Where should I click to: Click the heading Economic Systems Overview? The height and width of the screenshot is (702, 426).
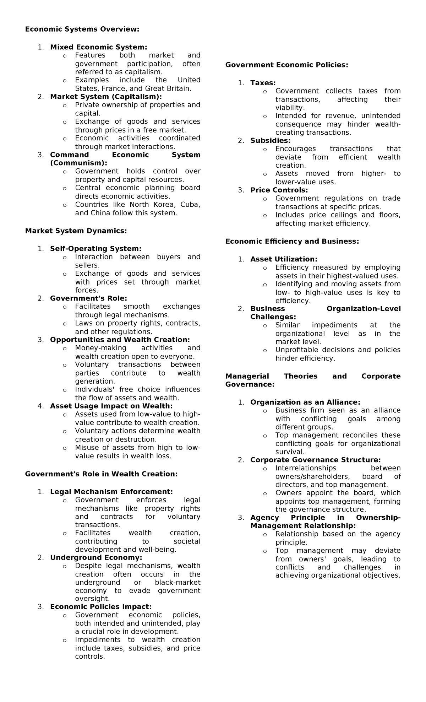82,29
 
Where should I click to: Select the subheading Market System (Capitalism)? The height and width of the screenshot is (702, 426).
106,97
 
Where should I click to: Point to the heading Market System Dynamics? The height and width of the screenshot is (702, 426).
76,231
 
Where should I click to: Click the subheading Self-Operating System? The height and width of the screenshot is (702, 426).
95,249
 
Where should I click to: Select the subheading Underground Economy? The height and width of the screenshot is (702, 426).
96,557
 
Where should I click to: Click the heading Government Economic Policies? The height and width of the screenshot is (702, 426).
286,65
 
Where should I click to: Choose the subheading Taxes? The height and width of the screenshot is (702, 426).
263,83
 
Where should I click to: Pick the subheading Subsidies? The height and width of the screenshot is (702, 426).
270,141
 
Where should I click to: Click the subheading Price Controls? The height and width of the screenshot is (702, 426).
279,190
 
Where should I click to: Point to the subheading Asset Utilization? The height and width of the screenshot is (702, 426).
284,259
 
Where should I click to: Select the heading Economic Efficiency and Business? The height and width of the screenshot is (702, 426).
292,242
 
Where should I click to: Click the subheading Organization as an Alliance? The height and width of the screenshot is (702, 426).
305,402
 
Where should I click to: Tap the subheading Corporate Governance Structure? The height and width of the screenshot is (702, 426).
315,460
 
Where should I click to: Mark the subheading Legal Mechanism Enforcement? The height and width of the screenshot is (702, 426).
111,492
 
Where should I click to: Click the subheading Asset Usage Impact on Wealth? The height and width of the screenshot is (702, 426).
111,406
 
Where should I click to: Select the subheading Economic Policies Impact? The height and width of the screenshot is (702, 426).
100,607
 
